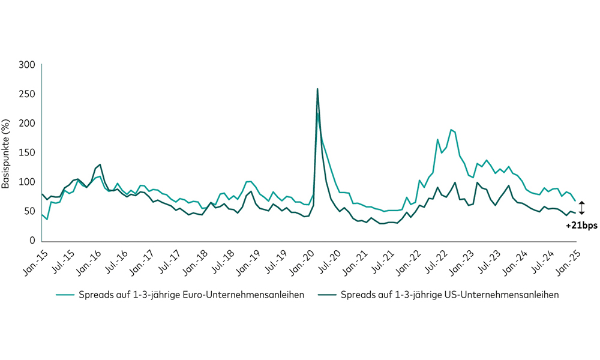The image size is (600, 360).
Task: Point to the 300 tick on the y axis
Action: click(x=26, y=65)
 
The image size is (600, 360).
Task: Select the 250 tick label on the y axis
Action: click(x=26, y=94)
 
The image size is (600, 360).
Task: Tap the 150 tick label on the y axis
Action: click(x=26, y=153)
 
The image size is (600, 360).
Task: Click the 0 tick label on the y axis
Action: click(x=32, y=241)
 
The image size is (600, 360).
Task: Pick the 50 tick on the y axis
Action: click(x=29, y=212)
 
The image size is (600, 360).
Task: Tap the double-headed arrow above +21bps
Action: click(x=581, y=208)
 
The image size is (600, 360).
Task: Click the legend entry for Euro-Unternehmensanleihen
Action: click(x=180, y=295)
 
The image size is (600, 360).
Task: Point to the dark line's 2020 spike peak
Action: click(x=317, y=89)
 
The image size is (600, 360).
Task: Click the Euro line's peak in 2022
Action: click(x=451, y=130)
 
